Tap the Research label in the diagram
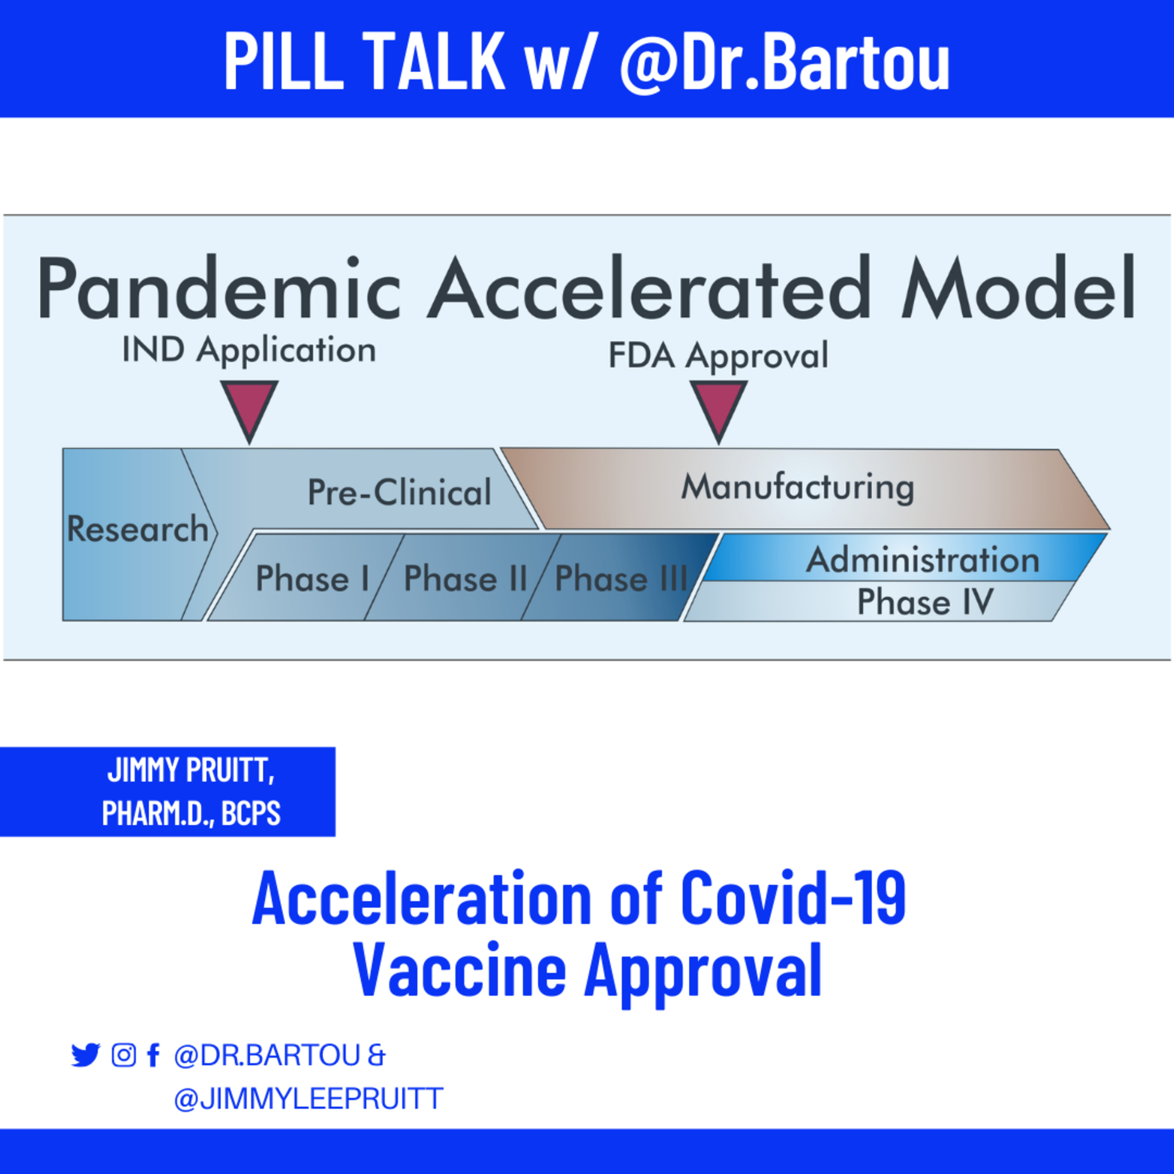138,529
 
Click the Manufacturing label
797,487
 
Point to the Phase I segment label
312,578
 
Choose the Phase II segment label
465,578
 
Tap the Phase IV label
925,601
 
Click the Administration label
922,560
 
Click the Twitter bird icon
86,1055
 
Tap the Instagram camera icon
123,1055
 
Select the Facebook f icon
153,1055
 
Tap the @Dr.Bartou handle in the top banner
785,61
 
